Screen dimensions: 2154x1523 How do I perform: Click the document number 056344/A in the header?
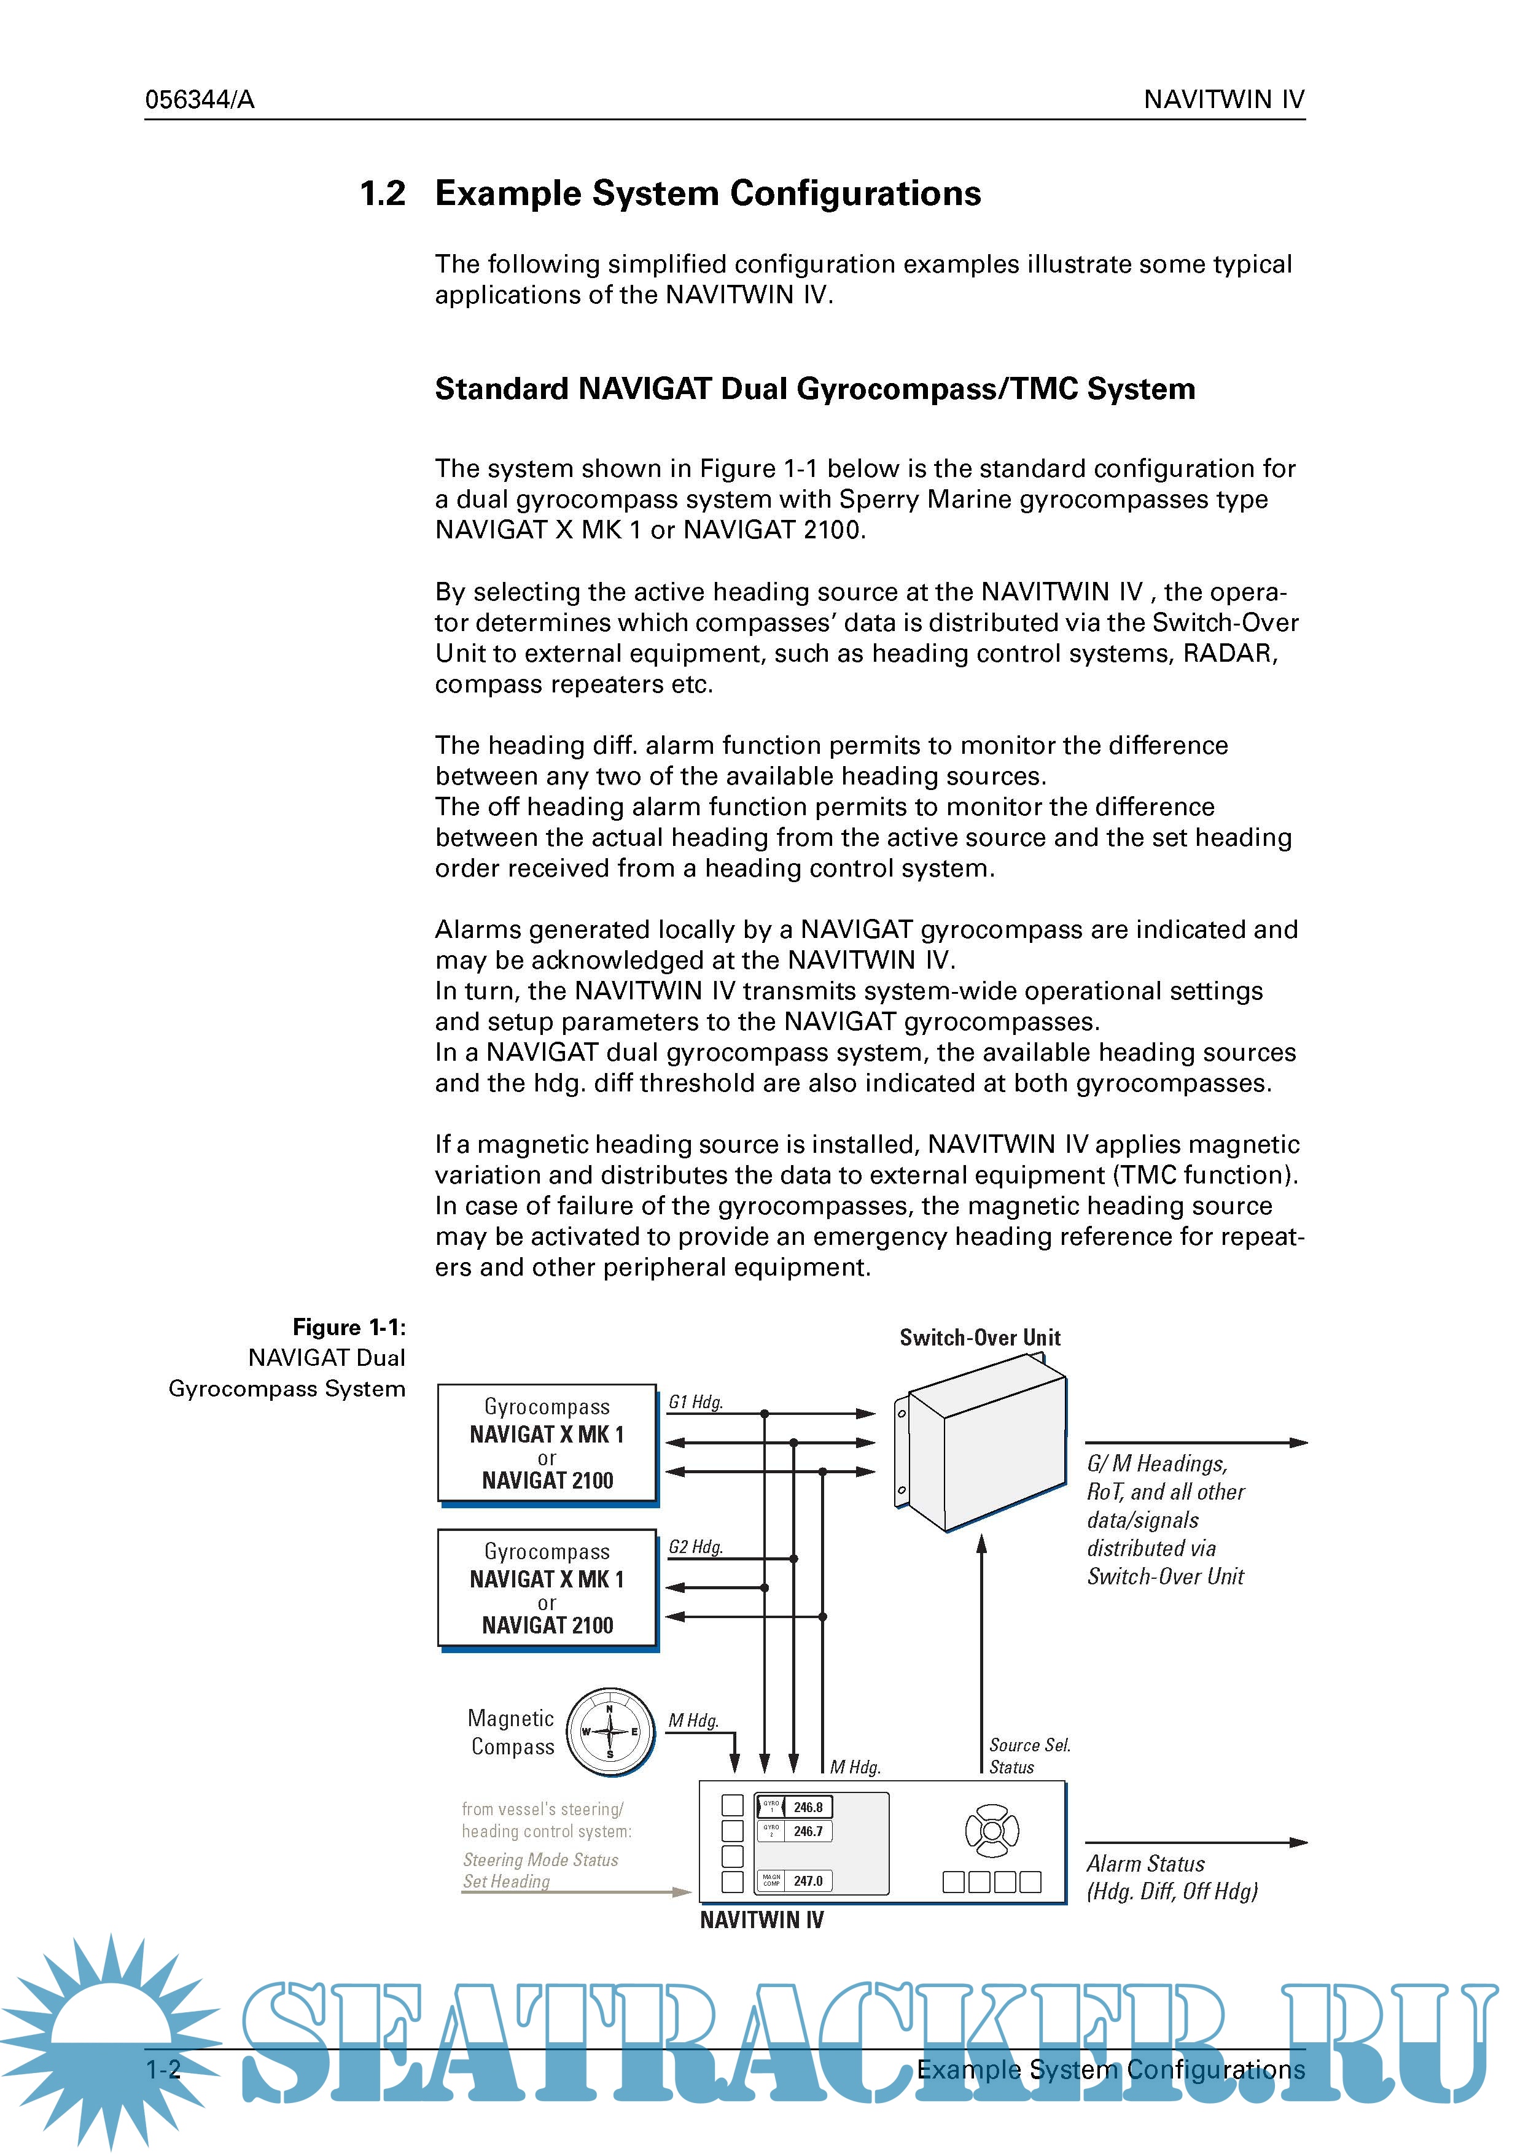199,99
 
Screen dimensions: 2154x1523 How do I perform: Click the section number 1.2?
382,193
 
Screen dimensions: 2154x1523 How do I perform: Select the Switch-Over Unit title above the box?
980,1337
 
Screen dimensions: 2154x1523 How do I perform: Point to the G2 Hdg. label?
695,1546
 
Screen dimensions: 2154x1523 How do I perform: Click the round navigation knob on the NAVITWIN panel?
992,1831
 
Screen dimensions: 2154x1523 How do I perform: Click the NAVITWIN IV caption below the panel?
761,1920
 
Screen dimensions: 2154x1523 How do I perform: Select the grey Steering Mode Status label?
540,1859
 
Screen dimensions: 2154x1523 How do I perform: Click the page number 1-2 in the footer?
163,2069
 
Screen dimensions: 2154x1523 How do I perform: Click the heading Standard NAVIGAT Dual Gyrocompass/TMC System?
814,389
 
